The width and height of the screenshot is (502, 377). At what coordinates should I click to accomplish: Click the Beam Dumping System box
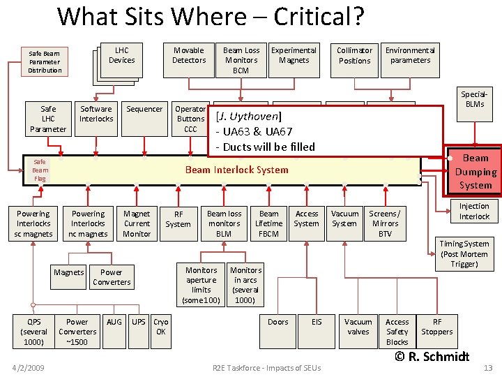pyautogui.click(x=476, y=172)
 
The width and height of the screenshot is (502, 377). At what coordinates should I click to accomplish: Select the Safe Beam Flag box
pyautogui.click(x=40, y=170)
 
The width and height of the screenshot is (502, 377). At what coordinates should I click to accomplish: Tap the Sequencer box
pyautogui.click(x=144, y=110)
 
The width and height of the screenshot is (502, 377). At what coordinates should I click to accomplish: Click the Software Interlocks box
pyautogui.click(x=96, y=114)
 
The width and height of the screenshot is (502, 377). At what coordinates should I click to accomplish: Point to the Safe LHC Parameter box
pyautogui.click(x=48, y=119)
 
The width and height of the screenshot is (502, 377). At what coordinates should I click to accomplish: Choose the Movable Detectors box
pyautogui.click(x=189, y=55)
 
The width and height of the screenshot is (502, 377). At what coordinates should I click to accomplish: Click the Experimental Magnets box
pyautogui.click(x=294, y=55)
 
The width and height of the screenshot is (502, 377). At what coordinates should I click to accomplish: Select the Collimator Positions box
pyautogui.click(x=354, y=55)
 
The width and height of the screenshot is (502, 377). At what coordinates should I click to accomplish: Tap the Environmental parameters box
pyautogui.click(x=410, y=55)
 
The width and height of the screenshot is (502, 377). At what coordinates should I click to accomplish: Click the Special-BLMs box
pyautogui.click(x=472, y=99)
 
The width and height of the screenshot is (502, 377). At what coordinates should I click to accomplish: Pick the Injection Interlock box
pyautogui.click(x=474, y=212)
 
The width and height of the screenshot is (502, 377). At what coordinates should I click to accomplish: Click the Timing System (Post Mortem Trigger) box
pyautogui.click(x=464, y=253)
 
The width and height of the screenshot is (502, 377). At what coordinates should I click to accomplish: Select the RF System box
pyautogui.click(x=178, y=219)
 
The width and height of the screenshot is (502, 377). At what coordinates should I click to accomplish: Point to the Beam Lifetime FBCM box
pyautogui.click(x=268, y=223)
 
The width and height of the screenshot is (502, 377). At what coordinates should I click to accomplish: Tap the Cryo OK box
pyautogui.click(x=161, y=327)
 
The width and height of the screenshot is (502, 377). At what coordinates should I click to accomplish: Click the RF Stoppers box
pyautogui.click(x=437, y=327)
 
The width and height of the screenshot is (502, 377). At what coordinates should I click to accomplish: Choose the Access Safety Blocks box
pyautogui.click(x=397, y=332)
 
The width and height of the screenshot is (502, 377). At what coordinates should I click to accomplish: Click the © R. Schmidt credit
pyautogui.click(x=432, y=356)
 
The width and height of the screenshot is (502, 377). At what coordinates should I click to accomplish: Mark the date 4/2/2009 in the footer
pyautogui.click(x=28, y=368)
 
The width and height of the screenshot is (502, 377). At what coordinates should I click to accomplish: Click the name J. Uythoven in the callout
pyautogui.click(x=249, y=116)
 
